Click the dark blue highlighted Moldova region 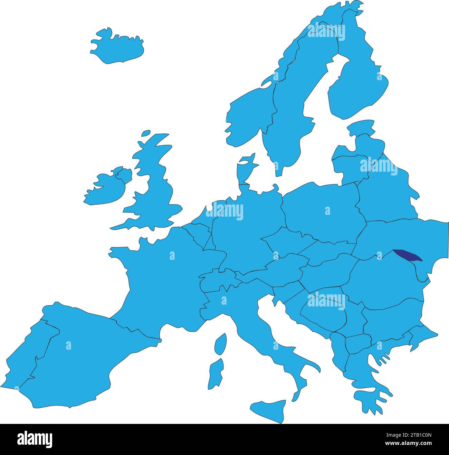[x=408, y=256]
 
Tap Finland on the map [x=359, y=86]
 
